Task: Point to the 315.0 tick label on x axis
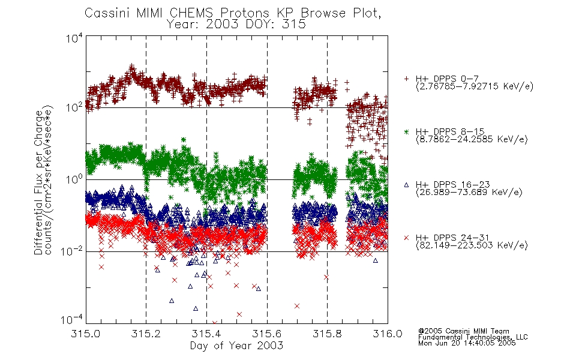tap(85, 334)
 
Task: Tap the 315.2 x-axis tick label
tap(146, 334)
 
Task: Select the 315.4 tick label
tap(206, 334)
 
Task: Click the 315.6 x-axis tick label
tap(267, 334)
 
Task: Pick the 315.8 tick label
tap(327, 334)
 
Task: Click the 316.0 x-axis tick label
tap(388, 334)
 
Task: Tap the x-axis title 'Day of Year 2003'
tap(236, 345)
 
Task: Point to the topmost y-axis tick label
tap(74, 38)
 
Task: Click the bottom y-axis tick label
tap(72, 320)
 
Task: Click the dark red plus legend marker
tap(406, 79)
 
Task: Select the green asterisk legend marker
tap(406, 131)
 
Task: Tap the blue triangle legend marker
tap(406, 185)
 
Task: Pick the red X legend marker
tap(406, 238)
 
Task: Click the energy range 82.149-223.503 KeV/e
tap(472, 245)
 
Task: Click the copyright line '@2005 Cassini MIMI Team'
tap(463, 331)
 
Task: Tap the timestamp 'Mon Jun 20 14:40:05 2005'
tap(467, 343)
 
